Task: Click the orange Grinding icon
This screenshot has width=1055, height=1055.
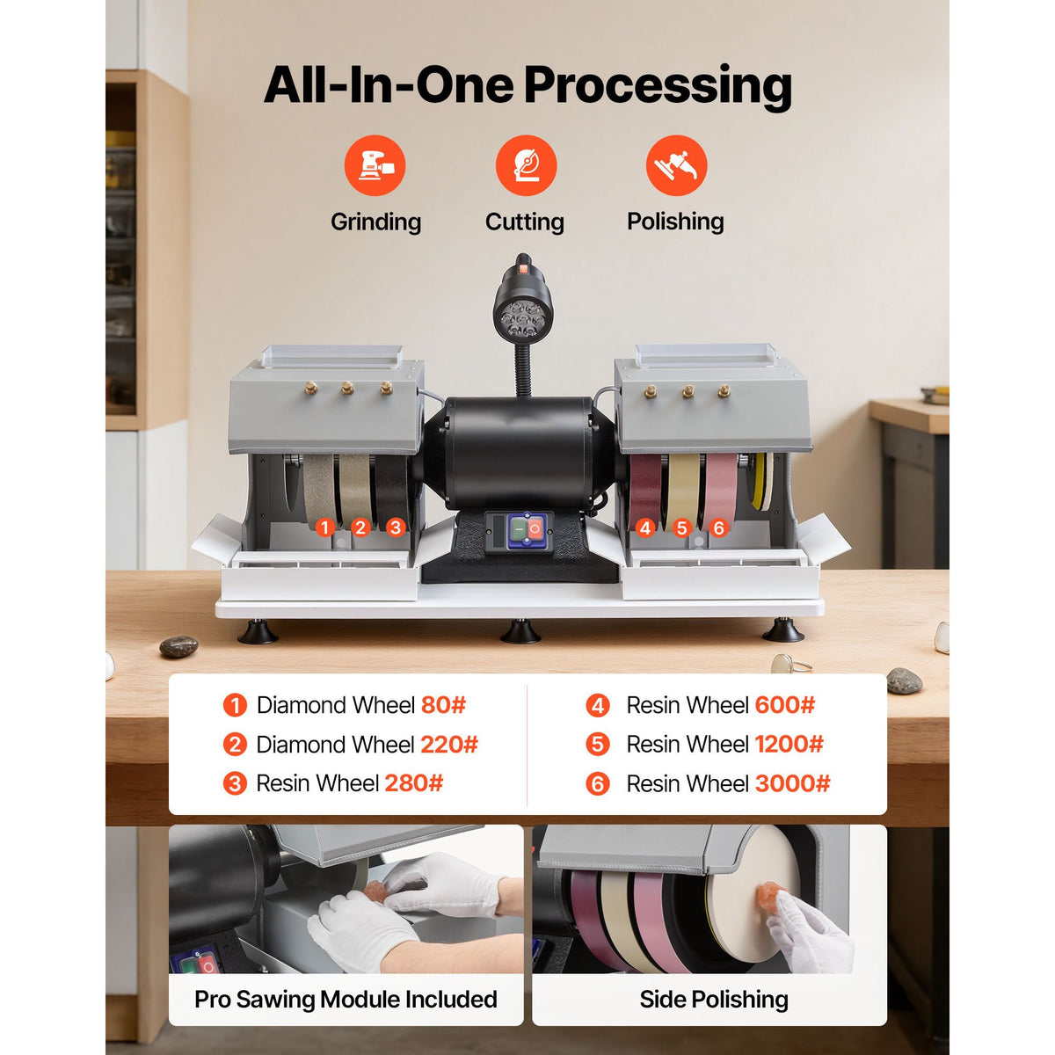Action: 375,165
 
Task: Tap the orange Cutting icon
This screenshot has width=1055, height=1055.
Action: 526,165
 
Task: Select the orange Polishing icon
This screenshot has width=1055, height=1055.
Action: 677,165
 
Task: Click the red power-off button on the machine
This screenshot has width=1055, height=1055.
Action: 535,529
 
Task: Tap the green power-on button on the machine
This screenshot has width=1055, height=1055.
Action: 519,529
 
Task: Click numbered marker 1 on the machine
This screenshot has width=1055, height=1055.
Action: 325,527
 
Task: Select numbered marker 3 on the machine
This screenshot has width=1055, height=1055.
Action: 396,527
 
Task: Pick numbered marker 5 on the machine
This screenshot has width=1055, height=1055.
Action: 681,528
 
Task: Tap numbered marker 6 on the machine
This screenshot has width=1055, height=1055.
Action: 719,528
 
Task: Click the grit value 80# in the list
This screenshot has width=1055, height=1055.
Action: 443,705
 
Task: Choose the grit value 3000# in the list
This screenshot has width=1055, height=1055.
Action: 793,783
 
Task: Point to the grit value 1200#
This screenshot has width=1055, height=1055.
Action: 789,744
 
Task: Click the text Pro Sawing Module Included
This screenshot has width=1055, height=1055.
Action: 346,999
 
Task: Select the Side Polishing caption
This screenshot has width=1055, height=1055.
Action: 714,999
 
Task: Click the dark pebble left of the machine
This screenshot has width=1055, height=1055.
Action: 178,646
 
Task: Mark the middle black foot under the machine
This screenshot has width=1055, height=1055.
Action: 520,631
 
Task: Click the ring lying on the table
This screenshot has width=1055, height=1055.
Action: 789,664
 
